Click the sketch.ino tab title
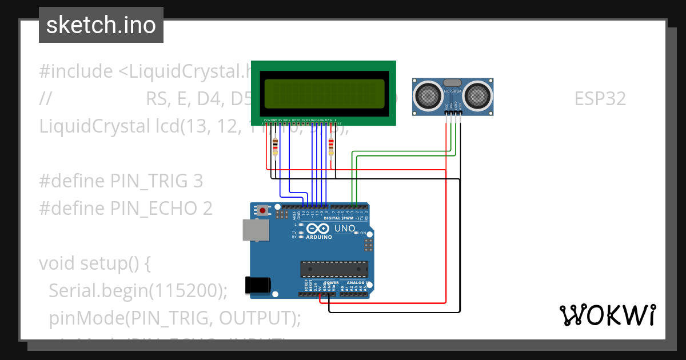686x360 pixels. click(x=101, y=25)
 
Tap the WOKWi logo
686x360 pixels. click(x=607, y=315)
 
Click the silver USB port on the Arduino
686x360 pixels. click(x=254, y=230)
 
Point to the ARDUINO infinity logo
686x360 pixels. click(x=319, y=229)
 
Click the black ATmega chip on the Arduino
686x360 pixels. click(x=334, y=269)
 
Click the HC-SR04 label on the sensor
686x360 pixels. click(x=452, y=91)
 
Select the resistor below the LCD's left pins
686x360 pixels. click(x=276, y=146)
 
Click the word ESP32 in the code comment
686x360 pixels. click(x=600, y=99)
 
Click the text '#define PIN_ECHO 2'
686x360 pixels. click(x=126, y=208)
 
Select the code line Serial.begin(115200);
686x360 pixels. click(x=138, y=290)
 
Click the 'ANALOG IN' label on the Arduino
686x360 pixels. click(x=357, y=283)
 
